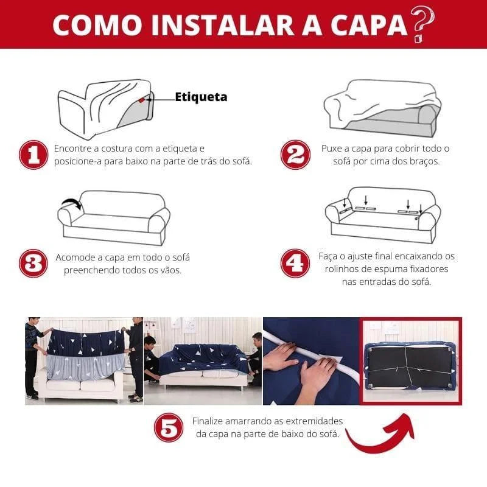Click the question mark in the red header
click(423, 24)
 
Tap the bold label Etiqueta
click(201, 97)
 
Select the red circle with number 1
click(33, 155)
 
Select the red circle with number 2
click(295, 155)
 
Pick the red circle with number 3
click(33, 264)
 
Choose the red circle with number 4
click(295, 264)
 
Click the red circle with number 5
click(169, 428)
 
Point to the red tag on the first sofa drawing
click(141, 100)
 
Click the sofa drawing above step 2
click(382, 110)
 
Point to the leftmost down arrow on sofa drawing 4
click(345, 201)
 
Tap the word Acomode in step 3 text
click(77, 258)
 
